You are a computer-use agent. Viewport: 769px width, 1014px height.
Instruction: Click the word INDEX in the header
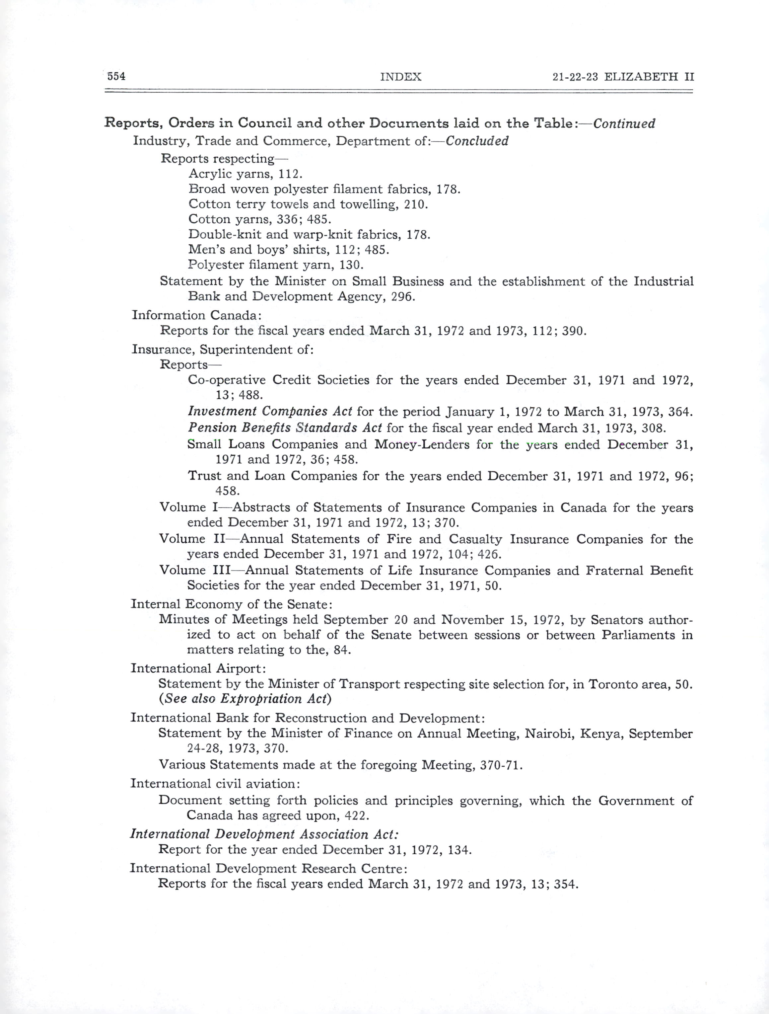point(400,77)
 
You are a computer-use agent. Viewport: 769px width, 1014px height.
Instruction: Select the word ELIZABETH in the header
point(641,77)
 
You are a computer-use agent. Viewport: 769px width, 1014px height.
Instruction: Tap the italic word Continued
point(624,123)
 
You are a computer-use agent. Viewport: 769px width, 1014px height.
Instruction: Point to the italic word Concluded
point(477,141)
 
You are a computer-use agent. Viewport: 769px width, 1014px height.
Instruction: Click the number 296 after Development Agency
point(403,297)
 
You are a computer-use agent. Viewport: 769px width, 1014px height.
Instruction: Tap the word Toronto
point(614,684)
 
